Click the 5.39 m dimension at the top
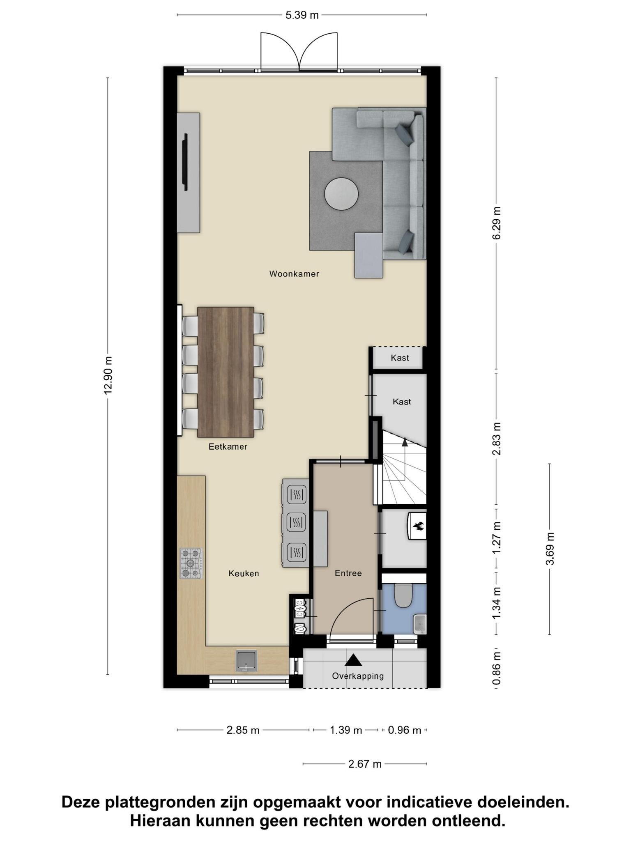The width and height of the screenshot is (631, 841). (302, 15)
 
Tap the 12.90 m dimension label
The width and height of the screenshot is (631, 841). (108, 375)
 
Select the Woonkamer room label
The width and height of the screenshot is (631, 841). (294, 274)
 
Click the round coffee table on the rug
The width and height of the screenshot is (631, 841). (341, 194)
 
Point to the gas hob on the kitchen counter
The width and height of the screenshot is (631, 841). (191, 563)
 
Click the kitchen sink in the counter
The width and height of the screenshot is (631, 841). (246, 661)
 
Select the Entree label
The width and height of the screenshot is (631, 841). (348, 573)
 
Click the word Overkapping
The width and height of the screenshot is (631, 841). (358, 676)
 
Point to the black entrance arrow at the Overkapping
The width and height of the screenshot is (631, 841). (353, 660)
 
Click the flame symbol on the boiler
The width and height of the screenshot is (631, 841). (419, 526)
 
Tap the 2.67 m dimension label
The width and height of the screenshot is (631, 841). (365, 764)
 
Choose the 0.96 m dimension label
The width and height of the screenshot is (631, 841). (404, 730)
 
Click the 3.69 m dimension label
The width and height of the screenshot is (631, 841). (550, 549)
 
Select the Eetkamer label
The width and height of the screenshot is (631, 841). (228, 447)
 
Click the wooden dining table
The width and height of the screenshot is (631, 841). (226, 372)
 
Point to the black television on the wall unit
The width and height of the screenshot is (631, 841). (185, 162)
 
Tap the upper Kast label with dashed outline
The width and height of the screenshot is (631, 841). (400, 358)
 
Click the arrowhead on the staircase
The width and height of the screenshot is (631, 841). (405, 442)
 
